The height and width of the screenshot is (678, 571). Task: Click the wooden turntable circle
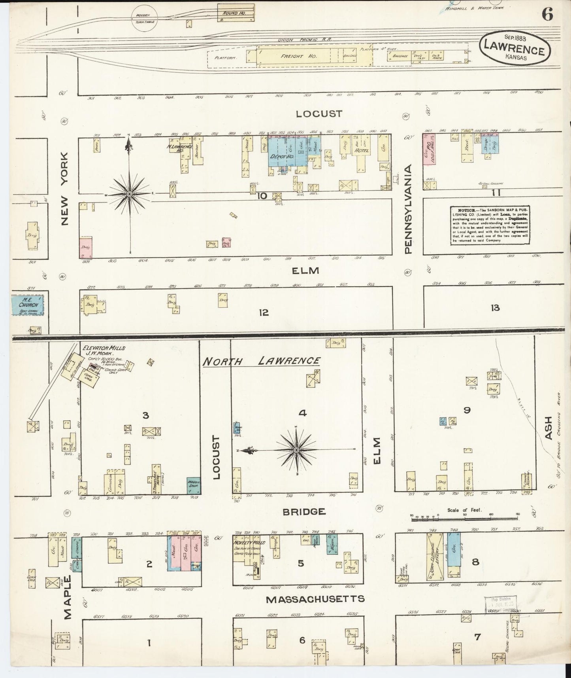point(143,18)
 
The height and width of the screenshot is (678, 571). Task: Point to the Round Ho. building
point(236,13)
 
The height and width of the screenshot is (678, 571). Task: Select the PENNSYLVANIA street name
point(408,209)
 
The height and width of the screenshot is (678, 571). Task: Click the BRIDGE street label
point(304,512)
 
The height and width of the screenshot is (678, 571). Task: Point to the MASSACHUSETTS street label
point(315,599)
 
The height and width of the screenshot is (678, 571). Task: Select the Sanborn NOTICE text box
point(489,225)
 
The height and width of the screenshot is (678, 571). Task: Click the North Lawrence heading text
point(262,361)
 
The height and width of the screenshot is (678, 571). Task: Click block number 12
point(264,312)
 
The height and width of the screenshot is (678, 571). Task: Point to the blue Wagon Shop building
point(194,485)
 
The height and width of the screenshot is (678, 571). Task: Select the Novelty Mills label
point(246,543)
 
